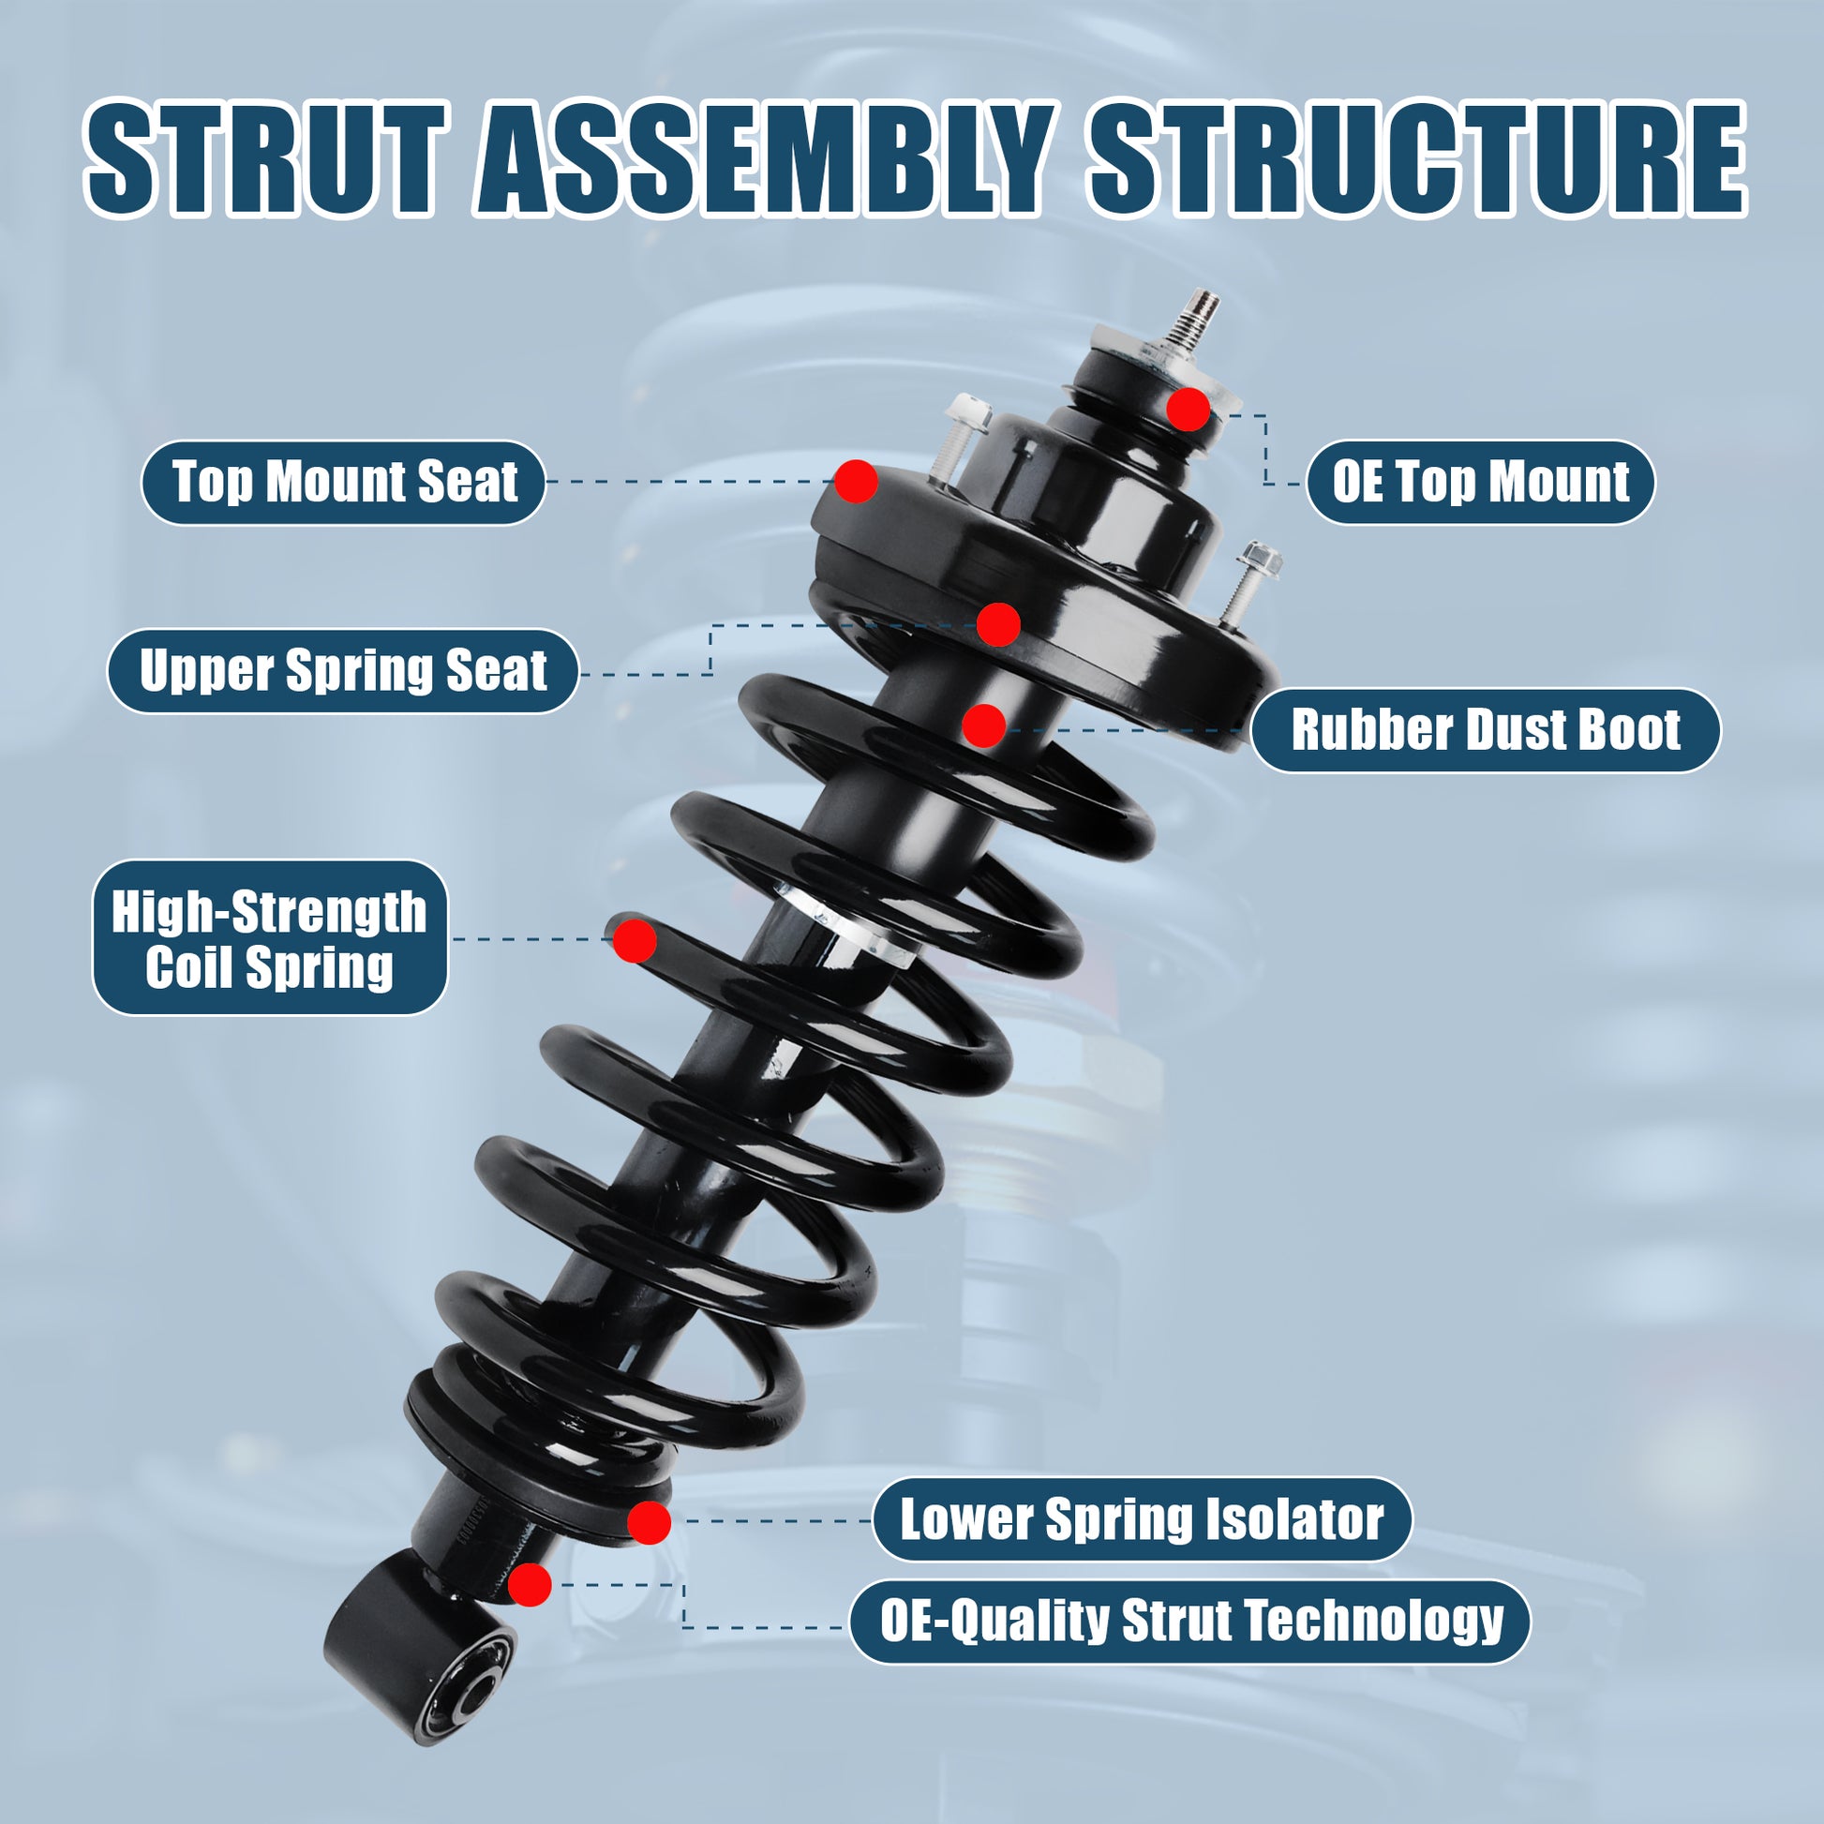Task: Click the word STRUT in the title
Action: coord(265,157)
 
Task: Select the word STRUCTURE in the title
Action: coord(1417,157)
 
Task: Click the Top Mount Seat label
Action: coord(344,483)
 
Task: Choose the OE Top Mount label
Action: coord(1480,483)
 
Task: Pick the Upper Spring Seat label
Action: coord(343,671)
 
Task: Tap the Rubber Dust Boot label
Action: coord(1485,731)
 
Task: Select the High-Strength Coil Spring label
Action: coord(270,937)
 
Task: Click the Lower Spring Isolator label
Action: coord(1142,1520)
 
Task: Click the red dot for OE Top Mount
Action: coord(1188,409)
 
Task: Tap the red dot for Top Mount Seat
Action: coord(857,482)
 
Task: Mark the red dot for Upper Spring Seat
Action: coord(999,624)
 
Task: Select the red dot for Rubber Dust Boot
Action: coord(985,726)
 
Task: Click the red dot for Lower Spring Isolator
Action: coord(650,1522)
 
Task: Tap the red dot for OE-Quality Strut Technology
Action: coord(530,1584)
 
